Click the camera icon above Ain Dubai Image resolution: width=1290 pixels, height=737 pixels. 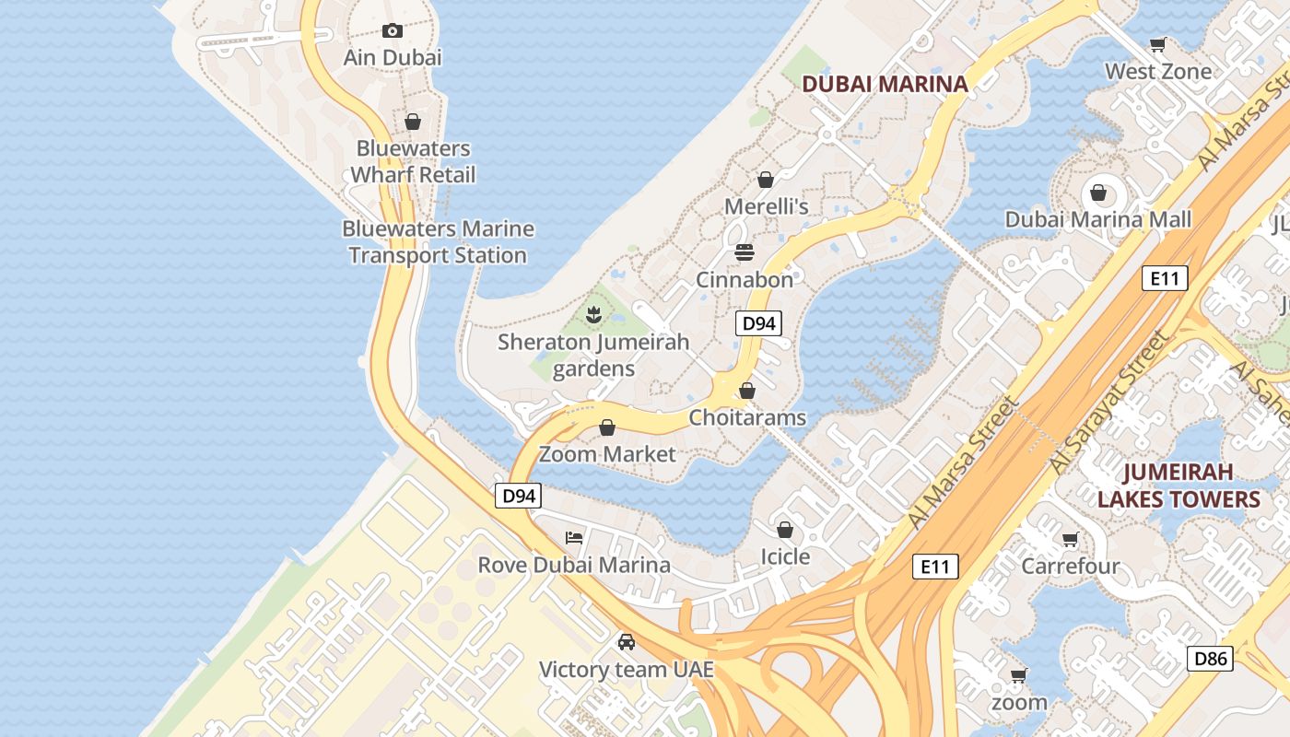click(x=393, y=31)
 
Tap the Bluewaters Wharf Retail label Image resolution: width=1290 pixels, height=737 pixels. click(x=413, y=161)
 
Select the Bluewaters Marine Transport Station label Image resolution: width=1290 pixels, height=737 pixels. click(x=438, y=241)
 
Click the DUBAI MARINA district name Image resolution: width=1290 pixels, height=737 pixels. click(x=885, y=84)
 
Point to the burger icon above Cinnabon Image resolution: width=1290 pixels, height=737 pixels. click(x=745, y=252)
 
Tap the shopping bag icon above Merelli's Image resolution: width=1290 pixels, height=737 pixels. click(x=765, y=180)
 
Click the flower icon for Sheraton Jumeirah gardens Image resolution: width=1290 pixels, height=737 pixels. click(x=594, y=315)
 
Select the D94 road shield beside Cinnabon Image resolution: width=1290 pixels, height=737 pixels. click(x=759, y=323)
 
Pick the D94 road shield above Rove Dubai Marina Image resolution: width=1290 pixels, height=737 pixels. click(x=518, y=496)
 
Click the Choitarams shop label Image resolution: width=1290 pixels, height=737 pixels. click(x=747, y=417)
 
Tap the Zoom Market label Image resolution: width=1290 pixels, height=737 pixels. click(x=607, y=453)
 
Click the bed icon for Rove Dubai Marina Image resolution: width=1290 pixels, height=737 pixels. click(x=574, y=537)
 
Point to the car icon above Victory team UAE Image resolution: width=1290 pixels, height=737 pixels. click(x=627, y=641)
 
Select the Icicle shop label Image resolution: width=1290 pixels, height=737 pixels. click(x=785, y=556)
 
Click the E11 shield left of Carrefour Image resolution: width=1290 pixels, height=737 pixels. click(x=935, y=567)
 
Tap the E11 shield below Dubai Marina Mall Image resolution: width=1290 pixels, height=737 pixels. click(x=1164, y=278)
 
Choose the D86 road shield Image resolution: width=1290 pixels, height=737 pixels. click(x=1210, y=659)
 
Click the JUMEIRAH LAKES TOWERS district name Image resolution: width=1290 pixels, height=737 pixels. click(x=1179, y=485)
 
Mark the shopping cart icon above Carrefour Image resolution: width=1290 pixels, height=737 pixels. click(x=1070, y=539)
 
